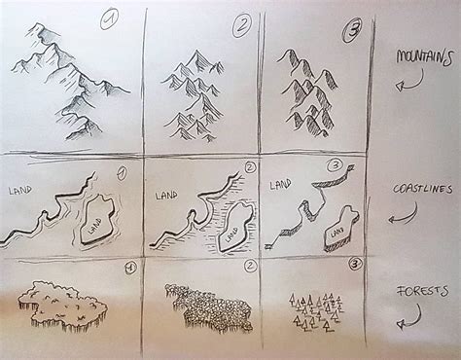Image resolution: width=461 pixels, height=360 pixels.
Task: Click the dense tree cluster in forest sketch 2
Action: (207, 304)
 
